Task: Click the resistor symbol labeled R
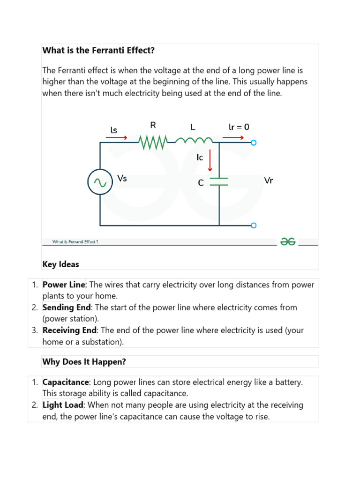click(153, 142)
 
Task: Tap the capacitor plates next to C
click(219, 181)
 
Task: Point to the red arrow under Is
click(117, 138)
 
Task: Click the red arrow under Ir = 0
click(233, 138)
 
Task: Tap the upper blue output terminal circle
click(254, 142)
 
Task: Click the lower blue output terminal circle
click(254, 225)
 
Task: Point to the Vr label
click(269, 180)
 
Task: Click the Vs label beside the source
click(122, 178)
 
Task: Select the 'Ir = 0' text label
click(239, 127)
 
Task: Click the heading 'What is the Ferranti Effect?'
click(98, 50)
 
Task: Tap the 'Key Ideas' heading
click(61, 264)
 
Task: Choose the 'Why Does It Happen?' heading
click(84, 361)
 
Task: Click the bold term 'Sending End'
click(67, 307)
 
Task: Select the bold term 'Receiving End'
click(69, 330)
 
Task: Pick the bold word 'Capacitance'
click(65, 382)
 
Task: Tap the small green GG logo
click(287, 241)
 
